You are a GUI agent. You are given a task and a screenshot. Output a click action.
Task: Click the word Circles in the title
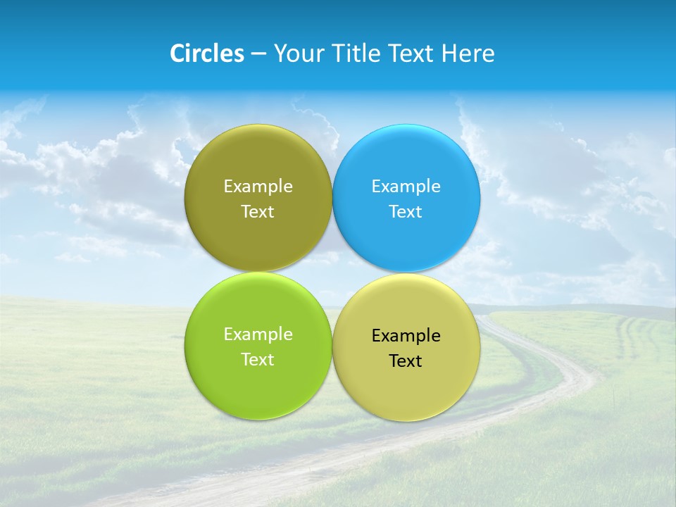(206, 54)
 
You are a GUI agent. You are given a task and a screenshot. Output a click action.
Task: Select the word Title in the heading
(356, 54)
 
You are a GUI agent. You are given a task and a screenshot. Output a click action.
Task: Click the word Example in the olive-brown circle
(258, 187)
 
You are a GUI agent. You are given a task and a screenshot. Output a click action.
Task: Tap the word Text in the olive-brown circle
(258, 212)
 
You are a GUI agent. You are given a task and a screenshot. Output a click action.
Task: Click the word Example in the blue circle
(406, 187)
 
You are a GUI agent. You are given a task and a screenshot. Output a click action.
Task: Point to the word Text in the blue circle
(406, 212)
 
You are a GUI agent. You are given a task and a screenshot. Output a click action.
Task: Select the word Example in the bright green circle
(258, 334)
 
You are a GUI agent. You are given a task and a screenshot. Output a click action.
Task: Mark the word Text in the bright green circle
(258, 360)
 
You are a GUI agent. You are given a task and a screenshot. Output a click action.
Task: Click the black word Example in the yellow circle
(406, 336)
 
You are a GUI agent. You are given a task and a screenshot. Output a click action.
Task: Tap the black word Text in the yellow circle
(406, 361)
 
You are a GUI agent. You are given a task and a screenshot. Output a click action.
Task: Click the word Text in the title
(412, 54)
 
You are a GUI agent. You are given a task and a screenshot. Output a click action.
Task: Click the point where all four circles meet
(332, 272)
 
